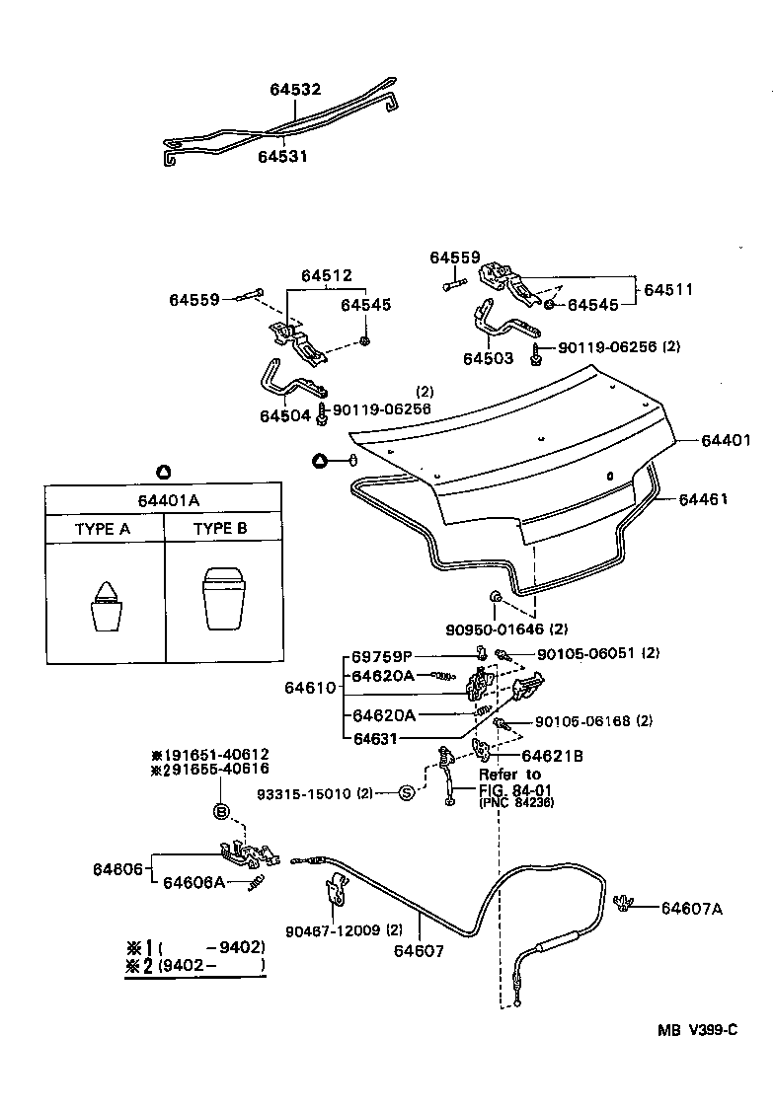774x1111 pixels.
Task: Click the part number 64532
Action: (295, 89)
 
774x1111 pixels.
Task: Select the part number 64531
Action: (283, 156)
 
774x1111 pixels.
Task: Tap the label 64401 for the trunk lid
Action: (727, 441)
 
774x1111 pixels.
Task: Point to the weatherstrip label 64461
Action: (703, 499)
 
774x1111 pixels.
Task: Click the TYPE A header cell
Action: (103, 529)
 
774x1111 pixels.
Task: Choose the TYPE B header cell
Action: (220, 529)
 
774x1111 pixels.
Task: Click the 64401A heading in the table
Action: (163, 500)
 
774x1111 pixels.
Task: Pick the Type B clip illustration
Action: (221, 597)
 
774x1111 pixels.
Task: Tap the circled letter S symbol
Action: (406, 793)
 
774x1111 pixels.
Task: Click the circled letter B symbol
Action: (222, 811)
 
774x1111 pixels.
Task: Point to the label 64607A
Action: (691, 909)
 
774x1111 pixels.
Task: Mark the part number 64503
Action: (489, 359)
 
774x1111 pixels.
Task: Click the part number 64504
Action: (285, 416)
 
